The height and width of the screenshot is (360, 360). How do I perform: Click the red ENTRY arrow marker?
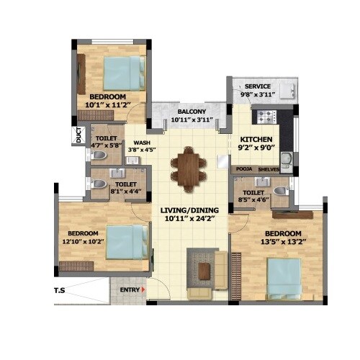[x=144, y=289]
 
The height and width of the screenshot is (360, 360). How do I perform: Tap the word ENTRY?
[x=130, y=289]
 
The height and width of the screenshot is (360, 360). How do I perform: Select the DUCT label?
[x=78, y=135]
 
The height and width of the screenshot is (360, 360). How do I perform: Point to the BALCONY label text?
[x=192, y=112]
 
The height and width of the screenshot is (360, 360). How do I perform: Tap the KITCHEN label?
[x=255, y=138]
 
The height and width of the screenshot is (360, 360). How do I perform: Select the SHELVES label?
[x=269, y=170]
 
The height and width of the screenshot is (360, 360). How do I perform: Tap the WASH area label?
[x=141, y=143]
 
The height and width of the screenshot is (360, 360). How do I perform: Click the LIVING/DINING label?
[x=186, y=209]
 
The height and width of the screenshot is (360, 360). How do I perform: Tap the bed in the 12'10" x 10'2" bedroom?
[x=125, y=241]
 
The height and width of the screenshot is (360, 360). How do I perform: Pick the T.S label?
[x=60, y=291]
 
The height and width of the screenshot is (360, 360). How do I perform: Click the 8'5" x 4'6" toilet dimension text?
[x=253, y=202]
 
